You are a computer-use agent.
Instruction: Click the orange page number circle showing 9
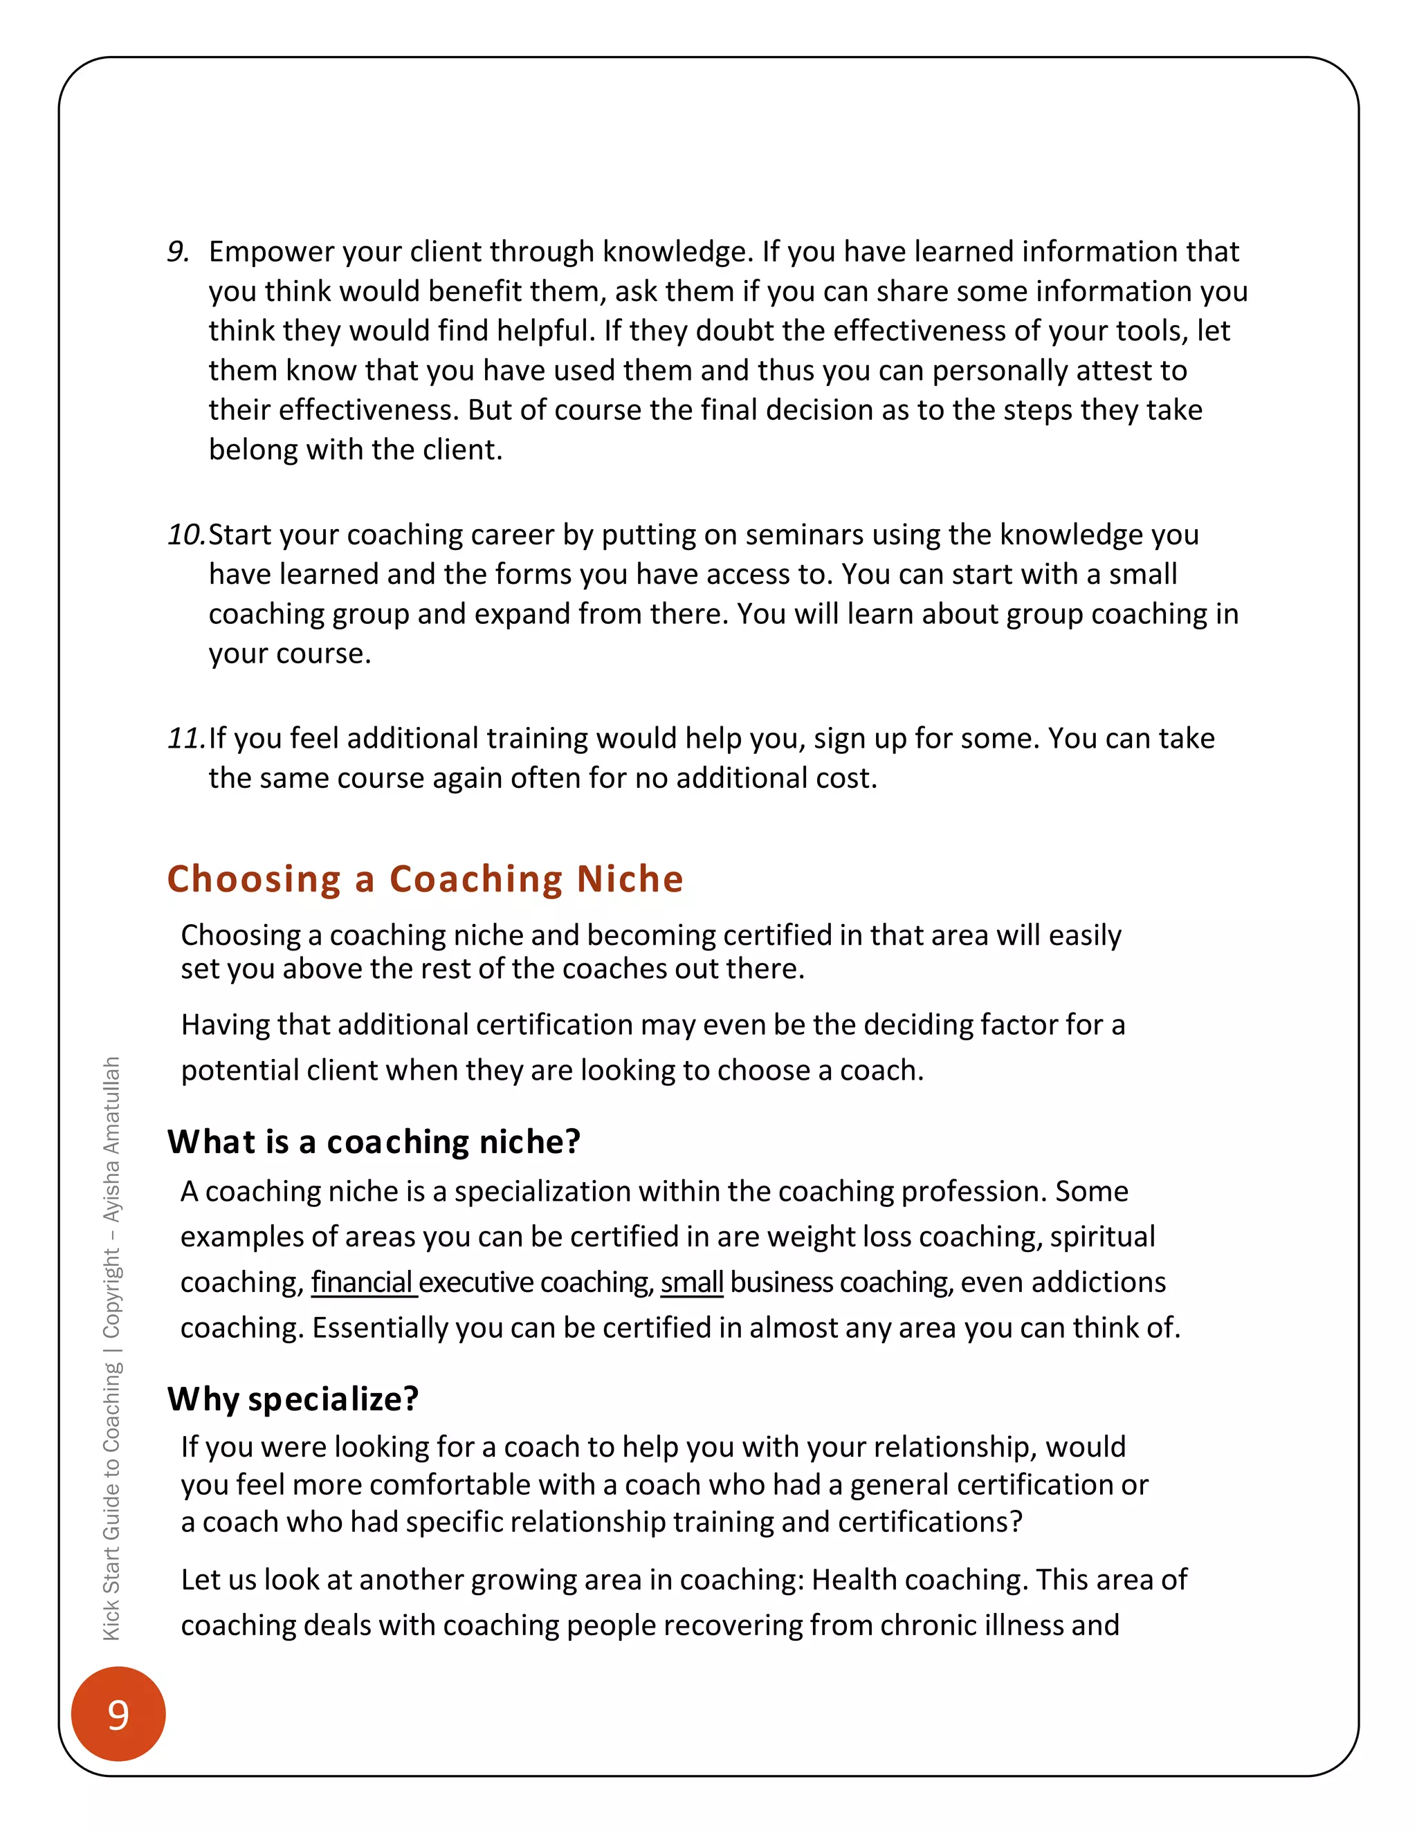(x=118, y=1714)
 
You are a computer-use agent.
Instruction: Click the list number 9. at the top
(x=178, y=252)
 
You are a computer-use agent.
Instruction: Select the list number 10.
(x=185, y=535)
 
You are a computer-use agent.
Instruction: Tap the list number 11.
(x=185, y=739)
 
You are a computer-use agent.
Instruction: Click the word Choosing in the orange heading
(x=253, y=878)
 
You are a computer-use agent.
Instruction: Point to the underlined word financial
(x=362, y=1282)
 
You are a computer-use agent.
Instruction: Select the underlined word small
(x=691, y=1282)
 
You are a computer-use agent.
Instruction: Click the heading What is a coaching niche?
(x=374, y=1142)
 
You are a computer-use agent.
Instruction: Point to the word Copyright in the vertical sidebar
(x=111, y=1293)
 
